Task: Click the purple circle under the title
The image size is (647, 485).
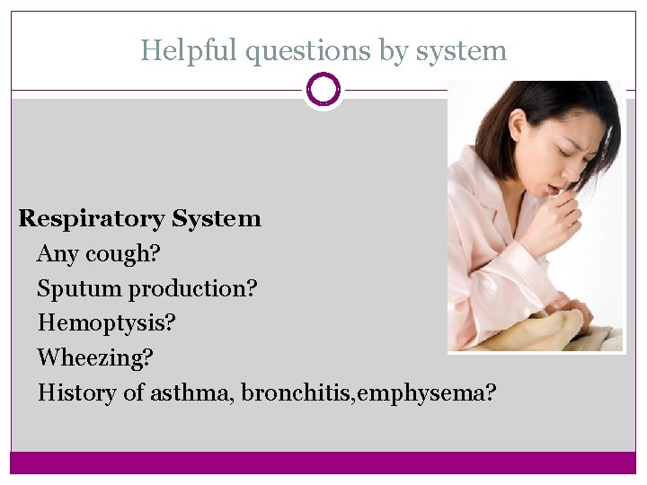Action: pyautogui.click(x=323, y=90)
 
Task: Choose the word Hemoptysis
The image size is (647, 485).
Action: pyautogui.click(x=106, y=323)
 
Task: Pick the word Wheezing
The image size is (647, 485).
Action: pyautogui.click(x=95, y=358)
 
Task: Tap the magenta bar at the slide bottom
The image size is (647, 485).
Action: pyautogui.click(x=323, y=463)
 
